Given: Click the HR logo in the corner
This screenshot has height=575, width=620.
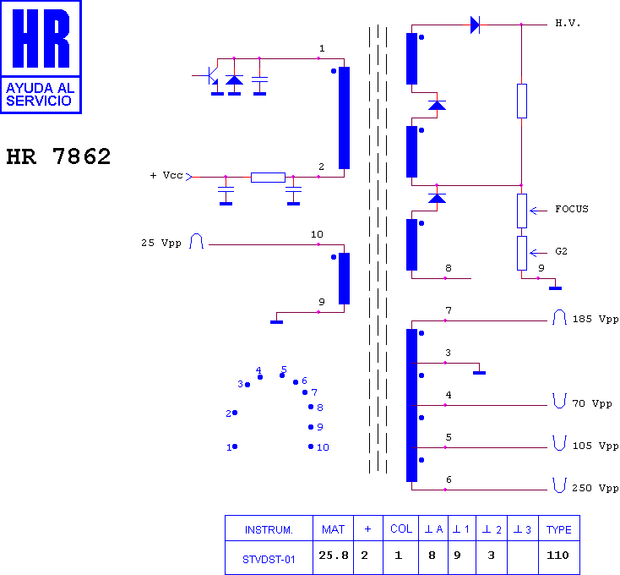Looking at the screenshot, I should (41, 56).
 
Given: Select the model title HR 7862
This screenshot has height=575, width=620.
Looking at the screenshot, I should (58, 157).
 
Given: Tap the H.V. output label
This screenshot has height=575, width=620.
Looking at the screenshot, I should (568, 23).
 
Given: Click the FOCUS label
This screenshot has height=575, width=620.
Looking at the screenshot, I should (572, 209).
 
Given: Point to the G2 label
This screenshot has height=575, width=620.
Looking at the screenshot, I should (562, 252).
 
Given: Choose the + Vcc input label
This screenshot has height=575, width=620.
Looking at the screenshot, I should (166, 176).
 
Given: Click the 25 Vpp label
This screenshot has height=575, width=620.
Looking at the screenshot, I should (160, 244).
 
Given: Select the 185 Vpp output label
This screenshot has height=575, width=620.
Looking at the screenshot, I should (596, 320).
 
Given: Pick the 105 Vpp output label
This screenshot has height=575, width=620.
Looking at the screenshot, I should (596, 446).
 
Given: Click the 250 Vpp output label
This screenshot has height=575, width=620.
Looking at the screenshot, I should (596, 488).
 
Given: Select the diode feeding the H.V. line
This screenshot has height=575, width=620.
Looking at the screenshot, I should (475, 25).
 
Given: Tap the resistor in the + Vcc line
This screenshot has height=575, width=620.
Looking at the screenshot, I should (268, 177).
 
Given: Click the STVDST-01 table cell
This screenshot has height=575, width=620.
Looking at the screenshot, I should (269, 557).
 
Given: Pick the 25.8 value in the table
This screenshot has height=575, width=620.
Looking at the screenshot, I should (333, 556).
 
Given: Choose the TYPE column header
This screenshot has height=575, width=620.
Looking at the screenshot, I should (559, 529).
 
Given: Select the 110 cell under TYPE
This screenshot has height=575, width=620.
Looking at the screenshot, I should (559, 556).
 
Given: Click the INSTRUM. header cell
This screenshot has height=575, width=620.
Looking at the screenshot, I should (269, 529).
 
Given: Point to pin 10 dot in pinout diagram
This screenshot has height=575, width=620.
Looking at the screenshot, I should (311, 446).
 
